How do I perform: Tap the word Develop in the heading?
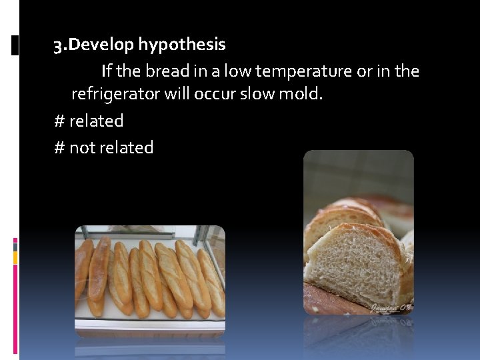tap(102, 45)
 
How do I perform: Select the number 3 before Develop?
tap(59, 45)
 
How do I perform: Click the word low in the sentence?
tap(237, 71)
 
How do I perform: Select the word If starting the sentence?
tap(107, 71)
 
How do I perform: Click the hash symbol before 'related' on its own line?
tap(59, 121)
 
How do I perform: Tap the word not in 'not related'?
tap(83, 147)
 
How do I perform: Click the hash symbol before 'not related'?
tap(59, 147)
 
